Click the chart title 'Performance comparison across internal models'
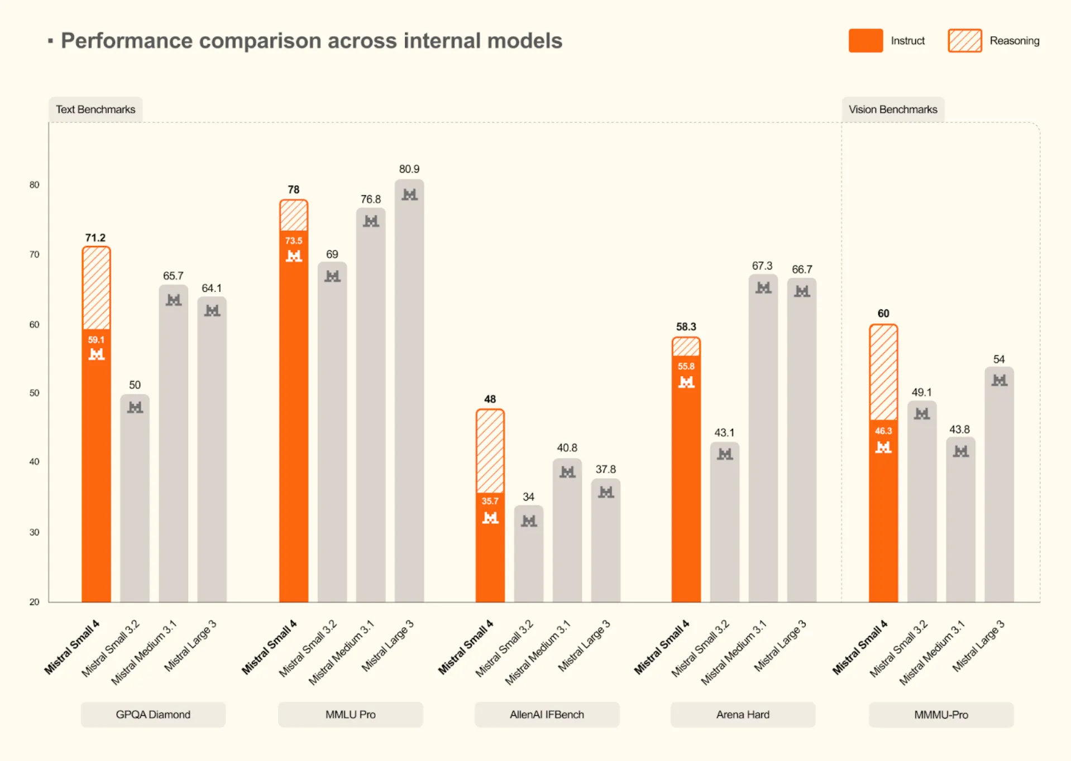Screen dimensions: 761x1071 pos(311,41)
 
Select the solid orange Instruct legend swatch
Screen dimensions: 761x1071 pos(865,41)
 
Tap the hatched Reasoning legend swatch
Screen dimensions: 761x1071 pos(964,41)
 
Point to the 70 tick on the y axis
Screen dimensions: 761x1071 pos(35,254)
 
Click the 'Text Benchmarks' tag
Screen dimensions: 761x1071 pos(95,109)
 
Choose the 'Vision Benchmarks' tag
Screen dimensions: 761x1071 pos(892,109)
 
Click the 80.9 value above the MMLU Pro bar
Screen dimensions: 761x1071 pos(409,169)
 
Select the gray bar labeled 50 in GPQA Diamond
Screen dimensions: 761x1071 pos(135,502)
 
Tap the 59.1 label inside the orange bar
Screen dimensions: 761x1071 pos(96,340)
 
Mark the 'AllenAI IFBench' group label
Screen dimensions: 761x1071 pos(547,715)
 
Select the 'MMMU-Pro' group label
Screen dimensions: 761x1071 pos(941,715)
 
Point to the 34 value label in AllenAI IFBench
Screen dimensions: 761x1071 pos(528,497)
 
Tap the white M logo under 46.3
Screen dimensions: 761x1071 pos(883,447)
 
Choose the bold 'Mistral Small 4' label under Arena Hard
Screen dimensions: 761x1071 pos(662,647)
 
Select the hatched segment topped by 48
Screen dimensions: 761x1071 pos(490,451)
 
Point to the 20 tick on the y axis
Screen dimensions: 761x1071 pos(35,601)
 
